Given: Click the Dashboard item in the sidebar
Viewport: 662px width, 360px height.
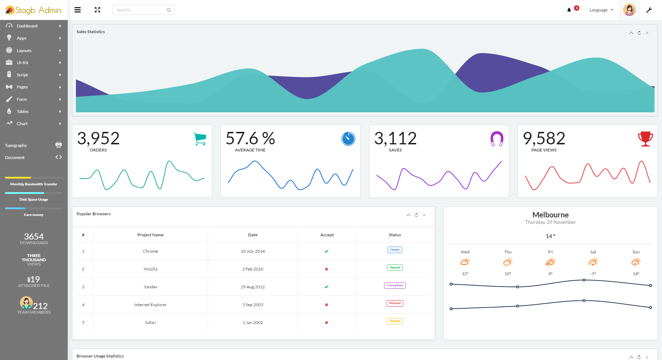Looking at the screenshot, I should tap(27, 26).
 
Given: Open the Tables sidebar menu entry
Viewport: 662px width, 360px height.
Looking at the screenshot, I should tap(22, 112).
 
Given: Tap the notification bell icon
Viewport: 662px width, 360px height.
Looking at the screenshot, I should tap(569, 10).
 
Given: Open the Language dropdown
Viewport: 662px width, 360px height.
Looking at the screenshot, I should tap(601, 10).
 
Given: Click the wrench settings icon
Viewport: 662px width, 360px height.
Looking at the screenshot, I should tap(649, 10).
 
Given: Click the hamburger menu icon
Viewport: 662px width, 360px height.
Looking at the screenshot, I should tap(77, 10).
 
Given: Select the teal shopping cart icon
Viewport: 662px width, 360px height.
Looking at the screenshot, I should tap(200, 139).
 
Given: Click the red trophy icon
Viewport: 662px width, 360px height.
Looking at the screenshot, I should tap(645, 139).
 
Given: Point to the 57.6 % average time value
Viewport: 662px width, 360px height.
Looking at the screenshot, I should tap(250, 138).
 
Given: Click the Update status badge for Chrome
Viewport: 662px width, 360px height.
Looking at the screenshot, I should tap(395, 250).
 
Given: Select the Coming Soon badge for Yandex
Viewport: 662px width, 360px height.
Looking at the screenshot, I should tap(395, 286).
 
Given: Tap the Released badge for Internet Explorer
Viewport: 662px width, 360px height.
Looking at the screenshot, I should tap(395, 303).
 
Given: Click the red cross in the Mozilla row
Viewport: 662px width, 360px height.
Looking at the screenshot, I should tap(326, 269).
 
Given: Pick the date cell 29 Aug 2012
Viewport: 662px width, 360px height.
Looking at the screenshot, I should tap(253, 287).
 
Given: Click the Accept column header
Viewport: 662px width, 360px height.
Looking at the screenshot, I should tap(327, 235).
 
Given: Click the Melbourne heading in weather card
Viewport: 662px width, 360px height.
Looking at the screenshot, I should tap(550, 215).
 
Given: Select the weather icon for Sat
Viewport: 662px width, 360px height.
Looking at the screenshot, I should tap(593, 262).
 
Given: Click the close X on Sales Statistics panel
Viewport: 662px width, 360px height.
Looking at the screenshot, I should tap(647, 33).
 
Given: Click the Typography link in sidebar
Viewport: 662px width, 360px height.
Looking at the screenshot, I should tap(16, 145).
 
